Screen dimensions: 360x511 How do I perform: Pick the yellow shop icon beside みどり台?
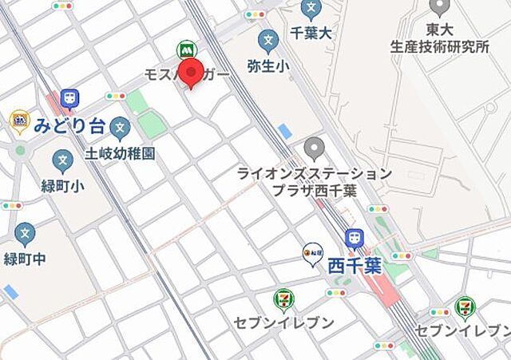19,122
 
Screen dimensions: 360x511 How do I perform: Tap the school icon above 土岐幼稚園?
120,126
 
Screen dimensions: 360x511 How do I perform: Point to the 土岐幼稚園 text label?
120,152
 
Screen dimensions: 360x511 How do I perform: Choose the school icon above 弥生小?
269,38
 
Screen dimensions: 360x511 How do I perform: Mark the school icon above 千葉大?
311,10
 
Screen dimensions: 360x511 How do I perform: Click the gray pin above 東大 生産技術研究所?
438,8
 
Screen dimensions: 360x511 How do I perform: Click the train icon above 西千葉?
354,238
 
